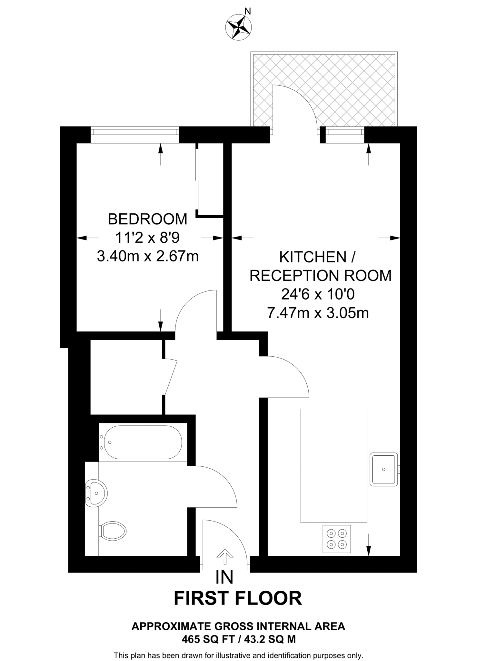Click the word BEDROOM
147,219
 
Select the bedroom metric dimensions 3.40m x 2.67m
147,257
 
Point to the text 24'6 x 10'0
318,294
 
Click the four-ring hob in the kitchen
337,539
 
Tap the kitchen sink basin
383,469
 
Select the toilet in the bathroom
113,531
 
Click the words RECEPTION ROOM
321,276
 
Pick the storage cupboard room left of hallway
126,376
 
